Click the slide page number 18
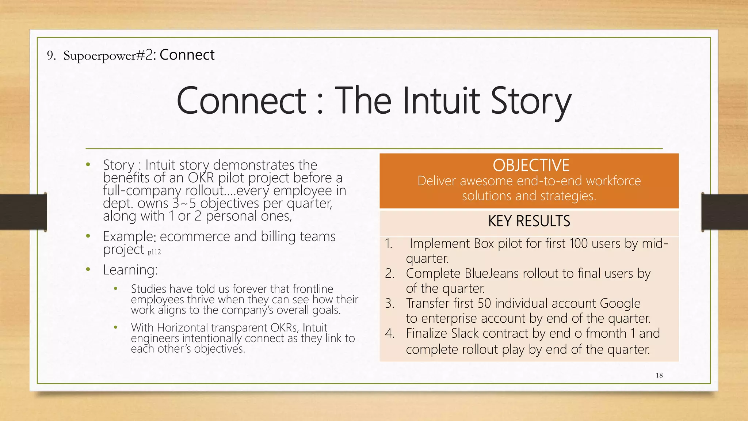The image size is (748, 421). coord(659,375)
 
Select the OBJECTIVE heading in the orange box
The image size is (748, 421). coord(531,165)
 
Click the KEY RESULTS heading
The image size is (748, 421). coord(529,221)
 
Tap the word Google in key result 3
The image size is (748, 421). coord(620,303)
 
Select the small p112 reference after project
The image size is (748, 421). coord(154,252)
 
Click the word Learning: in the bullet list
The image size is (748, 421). coord(130,270)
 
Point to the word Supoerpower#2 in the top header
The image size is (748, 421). coord(108,55)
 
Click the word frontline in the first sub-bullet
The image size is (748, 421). coord(313,289)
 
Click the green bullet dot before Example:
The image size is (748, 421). coord(88,236)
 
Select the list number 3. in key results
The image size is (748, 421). coord(390,303)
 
